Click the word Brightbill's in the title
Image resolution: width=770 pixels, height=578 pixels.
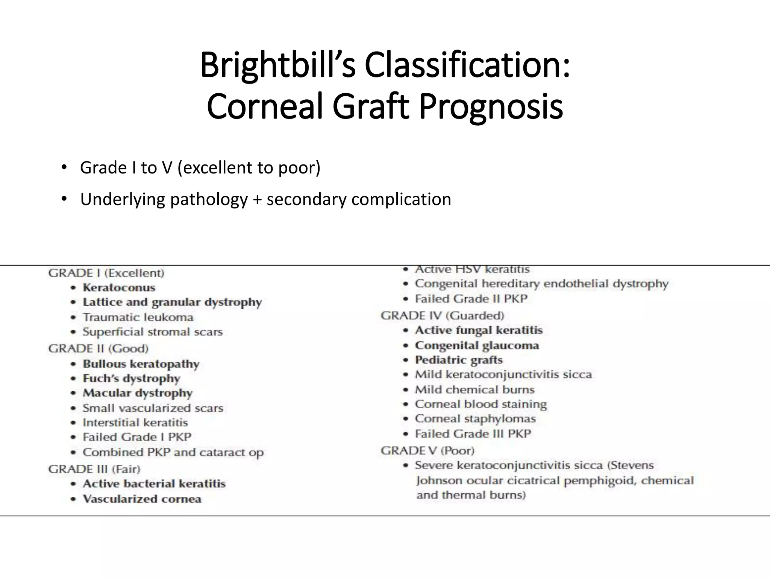click(x=277, y=65)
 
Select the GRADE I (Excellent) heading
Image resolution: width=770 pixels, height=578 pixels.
click(x=106, y=273)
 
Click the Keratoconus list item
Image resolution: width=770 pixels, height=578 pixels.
click(x=119, y=288)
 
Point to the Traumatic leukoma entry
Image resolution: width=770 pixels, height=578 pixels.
click(x=138, y=317)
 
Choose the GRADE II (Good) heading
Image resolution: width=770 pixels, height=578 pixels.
click(x=99, y=348)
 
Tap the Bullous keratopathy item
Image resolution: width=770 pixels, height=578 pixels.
click(x=141, y=364)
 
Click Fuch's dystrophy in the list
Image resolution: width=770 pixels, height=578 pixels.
click(x=131, y=378)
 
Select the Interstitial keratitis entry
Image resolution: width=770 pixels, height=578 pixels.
click(x=135, y=423)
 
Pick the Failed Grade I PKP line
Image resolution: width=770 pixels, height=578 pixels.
click(x=137, y=437)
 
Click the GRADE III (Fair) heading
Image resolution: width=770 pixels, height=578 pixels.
click(x=94, y=469)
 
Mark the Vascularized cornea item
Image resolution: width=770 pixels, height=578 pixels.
click(x=142, y=499)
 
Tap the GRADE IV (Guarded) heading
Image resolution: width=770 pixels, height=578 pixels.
click(x=442, y=315)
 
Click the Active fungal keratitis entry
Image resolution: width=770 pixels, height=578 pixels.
click(x=479, y=330)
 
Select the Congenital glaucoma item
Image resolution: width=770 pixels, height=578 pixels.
click(x=477, y=345)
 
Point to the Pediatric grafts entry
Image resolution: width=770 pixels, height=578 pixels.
click(x=459, y=360)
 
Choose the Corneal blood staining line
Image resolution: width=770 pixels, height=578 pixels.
click(x=480, y=404)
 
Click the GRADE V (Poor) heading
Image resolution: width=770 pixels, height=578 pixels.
click(x=427, y=450)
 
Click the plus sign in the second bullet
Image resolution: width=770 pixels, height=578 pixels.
click(x=257, y=199)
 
